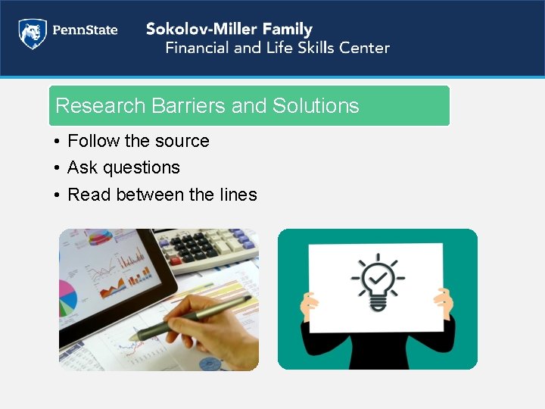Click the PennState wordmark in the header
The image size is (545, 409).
click(x=84, y=31)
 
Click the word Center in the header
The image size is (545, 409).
click(x=364, y=48)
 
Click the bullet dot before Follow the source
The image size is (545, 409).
click(x=57, y=142)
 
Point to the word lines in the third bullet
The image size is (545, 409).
click(x=238, y=195)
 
